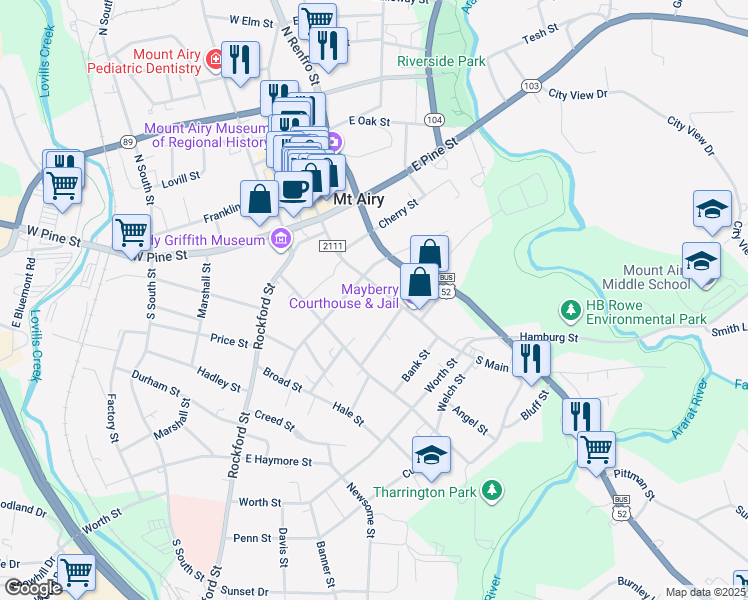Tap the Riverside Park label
click(x=441, y=61)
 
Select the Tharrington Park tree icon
click(x=491, y=490)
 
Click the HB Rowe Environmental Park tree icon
click(x=571, y=310)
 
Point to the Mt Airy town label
click(x=360, y=199)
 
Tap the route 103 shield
click(x=531, y=87)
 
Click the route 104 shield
click(x=433, y=119)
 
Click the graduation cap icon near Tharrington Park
click(x=431, y=454)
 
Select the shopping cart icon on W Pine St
click(x=131, y=233)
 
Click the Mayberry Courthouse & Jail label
click(x=344, y=295)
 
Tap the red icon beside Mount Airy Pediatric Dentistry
click(x=213, y=62)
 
